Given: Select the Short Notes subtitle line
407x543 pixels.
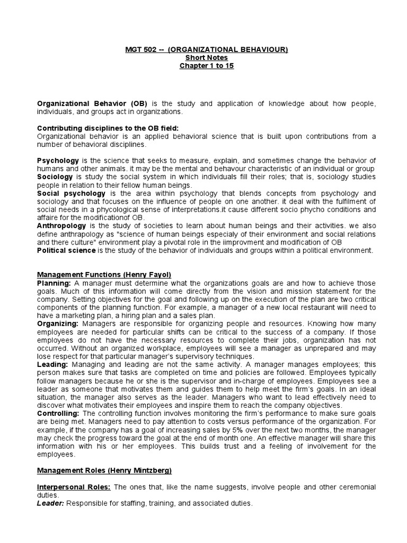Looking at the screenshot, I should point(206,57).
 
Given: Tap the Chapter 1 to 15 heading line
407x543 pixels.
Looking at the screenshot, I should point(206,66).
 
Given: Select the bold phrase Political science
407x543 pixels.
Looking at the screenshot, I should point(66,250).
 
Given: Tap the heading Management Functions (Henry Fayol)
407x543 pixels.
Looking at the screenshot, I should point(104,275).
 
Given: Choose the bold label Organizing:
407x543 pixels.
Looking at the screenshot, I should point(57,324).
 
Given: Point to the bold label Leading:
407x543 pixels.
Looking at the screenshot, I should point(53,365).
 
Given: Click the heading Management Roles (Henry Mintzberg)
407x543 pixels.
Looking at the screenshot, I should point(104,470).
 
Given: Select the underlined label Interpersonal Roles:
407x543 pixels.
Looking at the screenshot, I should point(74,487).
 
